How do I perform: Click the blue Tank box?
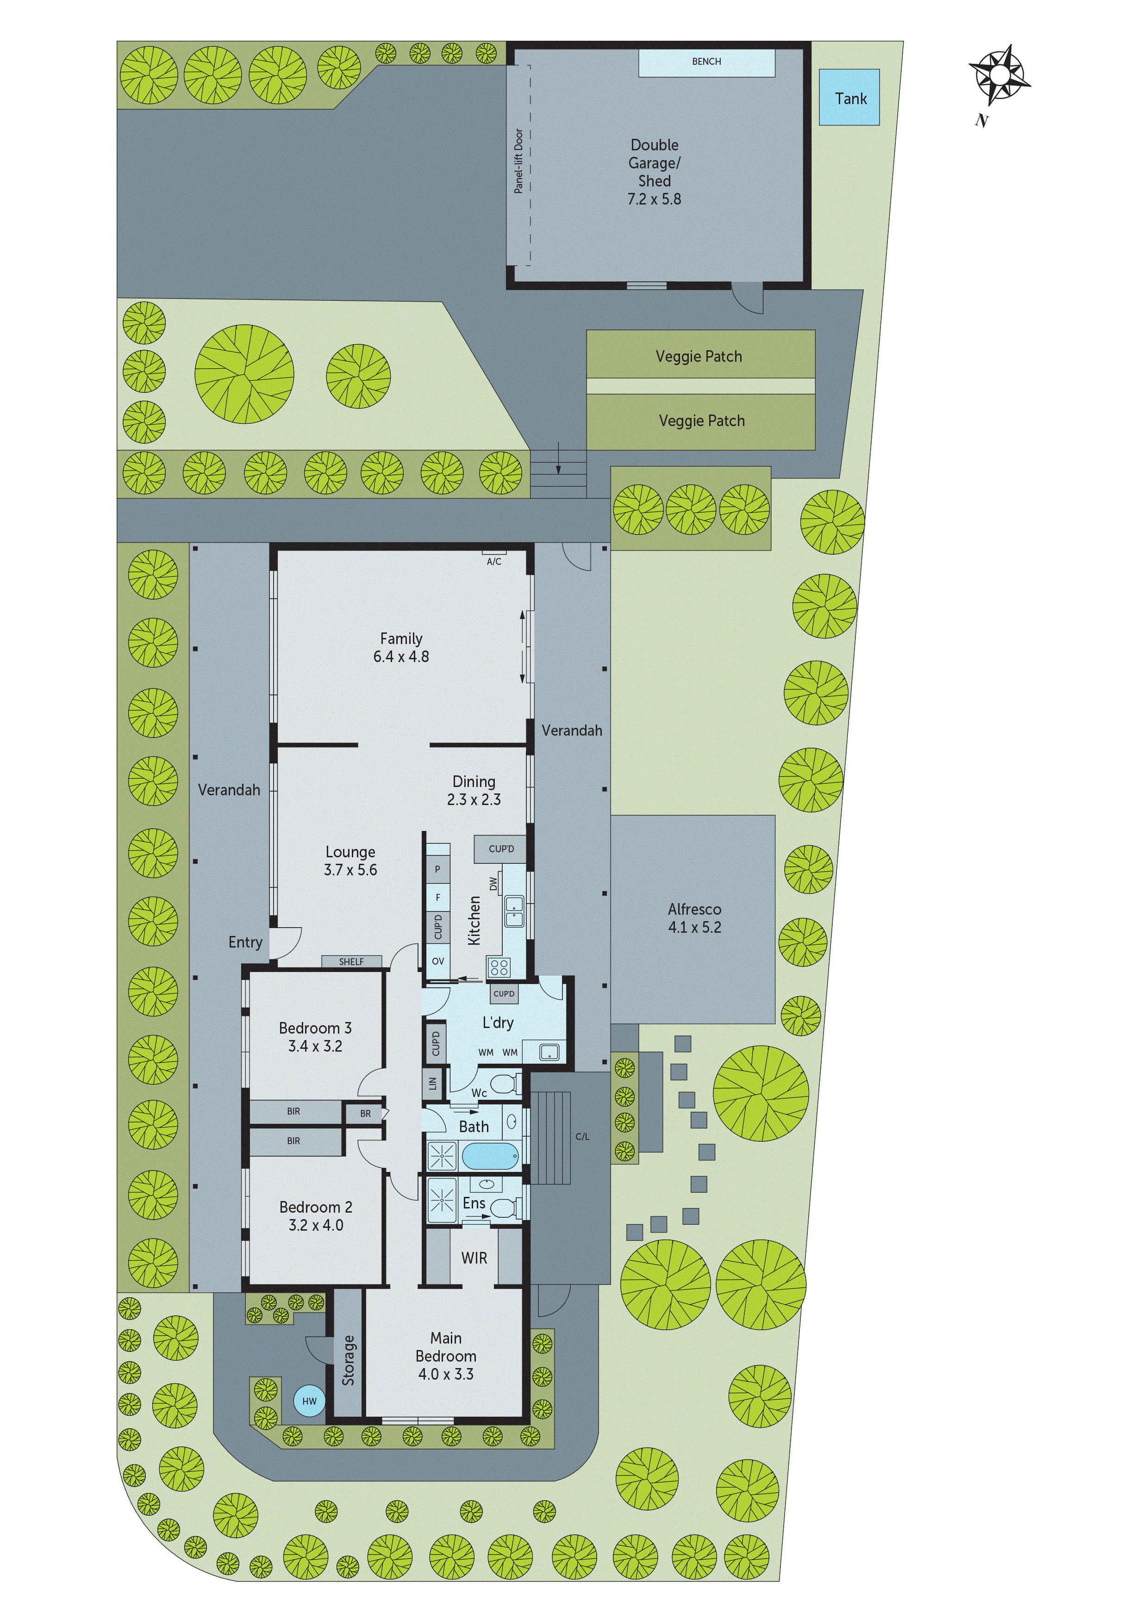pyautogui.click(x=849, y=98)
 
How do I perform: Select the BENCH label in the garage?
pyautogui.click(x=706, y=62)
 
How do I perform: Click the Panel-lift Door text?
pyautogui.click(x=518, y=161)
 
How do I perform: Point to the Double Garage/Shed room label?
pyautogui.click(x=654, y=172)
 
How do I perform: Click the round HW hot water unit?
pyautogui.click(x=309, y=1400)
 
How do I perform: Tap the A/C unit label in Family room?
pyautogui.click(x=494, y=561)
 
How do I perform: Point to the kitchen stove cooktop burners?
pyautogui.click(x=499, y=967)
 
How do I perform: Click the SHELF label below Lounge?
pyautogui.click(x=351, y=961)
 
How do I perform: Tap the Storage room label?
pyautogui.click(x=348, y=1360)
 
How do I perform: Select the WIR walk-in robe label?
pyautogui.click(x=474, y=1258)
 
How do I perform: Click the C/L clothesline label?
pyautogui.click(x=581, y=1137)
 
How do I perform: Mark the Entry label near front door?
pyautogui.click(x=245, y=942)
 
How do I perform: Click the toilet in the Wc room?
pyautogui.click(x=504, y=1082)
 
